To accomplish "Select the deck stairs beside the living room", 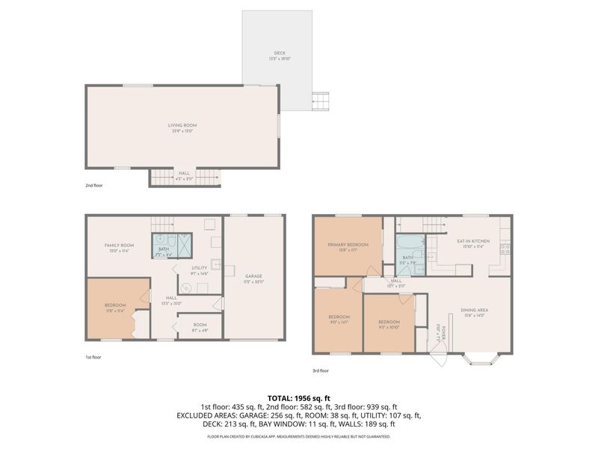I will (x=320, y=100).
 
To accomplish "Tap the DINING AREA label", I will (x=473, y=312).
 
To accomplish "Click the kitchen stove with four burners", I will (x=505, y=248).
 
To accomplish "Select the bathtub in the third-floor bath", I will (x=408, y=243).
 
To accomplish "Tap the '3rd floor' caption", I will (x=320, y=370).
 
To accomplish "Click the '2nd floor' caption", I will (x=94, y=183).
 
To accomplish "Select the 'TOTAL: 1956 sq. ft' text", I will (x=299, y=397).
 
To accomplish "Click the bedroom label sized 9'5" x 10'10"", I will (x=389, y=323).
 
